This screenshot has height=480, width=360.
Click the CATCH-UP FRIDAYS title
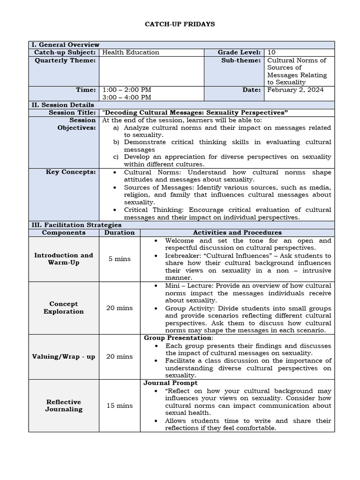click(180, 24)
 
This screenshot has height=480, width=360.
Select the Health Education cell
click(131, 52)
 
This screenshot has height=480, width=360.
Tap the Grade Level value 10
click(271, 52)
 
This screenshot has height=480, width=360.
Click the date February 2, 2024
click(295, 90)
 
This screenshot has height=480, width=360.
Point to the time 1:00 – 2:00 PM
click(127, 90)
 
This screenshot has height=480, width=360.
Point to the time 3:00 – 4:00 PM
click(127, 97)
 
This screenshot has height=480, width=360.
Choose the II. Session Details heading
click(63, 105)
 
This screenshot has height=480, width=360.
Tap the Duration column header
click(120, 232)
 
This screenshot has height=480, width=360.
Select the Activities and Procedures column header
click(237, 232)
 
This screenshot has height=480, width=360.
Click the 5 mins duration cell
click(120, 259)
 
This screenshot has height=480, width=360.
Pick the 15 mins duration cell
click(120, 405)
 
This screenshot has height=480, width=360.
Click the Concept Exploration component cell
click(64, 307)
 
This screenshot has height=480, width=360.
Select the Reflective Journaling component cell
click(64, 405)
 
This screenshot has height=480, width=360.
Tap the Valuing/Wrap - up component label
click(64, 356)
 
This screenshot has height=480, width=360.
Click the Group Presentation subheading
click(178, 338)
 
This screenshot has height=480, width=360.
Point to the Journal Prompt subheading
click(171, 383)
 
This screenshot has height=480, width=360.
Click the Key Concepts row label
click(71, 172)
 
